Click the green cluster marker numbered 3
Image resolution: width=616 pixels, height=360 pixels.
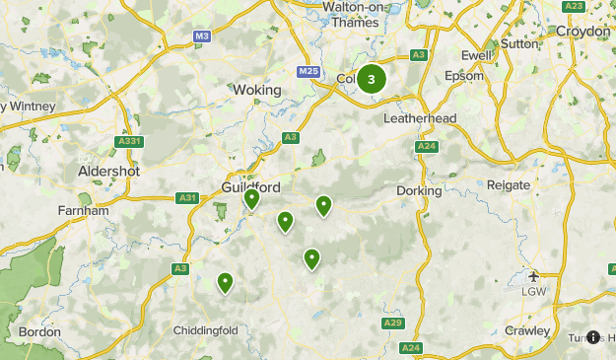371,80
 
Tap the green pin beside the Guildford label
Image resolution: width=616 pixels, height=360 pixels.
251,199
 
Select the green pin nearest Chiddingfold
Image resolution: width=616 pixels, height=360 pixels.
226,283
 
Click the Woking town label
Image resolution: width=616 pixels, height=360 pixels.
257,90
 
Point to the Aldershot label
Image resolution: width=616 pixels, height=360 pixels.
108,171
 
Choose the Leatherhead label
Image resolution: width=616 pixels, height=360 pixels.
420,118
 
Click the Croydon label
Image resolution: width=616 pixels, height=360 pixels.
582,31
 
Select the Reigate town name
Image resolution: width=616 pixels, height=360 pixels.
509,185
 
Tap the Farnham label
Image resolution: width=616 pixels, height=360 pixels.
84,210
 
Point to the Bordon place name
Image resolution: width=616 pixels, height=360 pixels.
39,332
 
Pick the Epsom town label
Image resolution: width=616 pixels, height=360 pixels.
464,75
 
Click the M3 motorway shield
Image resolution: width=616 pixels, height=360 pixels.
202,36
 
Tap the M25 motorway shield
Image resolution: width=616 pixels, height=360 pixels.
308,72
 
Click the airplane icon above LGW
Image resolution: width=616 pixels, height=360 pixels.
533,275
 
